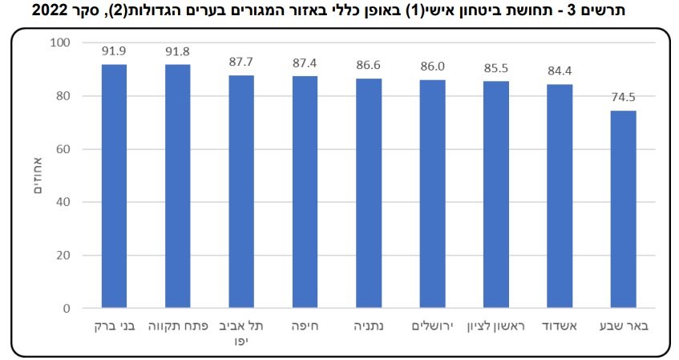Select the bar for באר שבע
click(x=623, y=209)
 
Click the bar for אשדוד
click(x=560, y=196)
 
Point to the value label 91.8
click(x=178, y=51)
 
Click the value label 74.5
click(x=623, y=97)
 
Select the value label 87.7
click(x=241, y=62)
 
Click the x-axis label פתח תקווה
click(x=178, y=327)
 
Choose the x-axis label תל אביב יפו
click(x=241, y=333)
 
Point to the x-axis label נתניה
click(x=369, y=327)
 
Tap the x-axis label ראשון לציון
click(x=496, y=327)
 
